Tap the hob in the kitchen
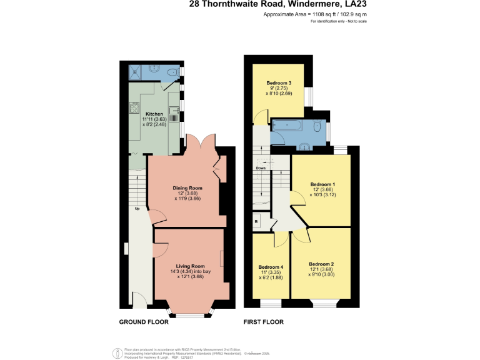point(134,109)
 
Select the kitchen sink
point(177,112)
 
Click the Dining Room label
point(187,187)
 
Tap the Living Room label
point(190,266)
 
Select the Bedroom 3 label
point(279,83)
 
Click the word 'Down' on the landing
point(261,168)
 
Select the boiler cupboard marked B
point(256,222)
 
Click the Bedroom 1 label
point(323,184)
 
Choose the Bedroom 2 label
point(321,263)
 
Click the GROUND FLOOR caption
point(145,322)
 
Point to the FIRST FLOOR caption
point(264,322)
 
